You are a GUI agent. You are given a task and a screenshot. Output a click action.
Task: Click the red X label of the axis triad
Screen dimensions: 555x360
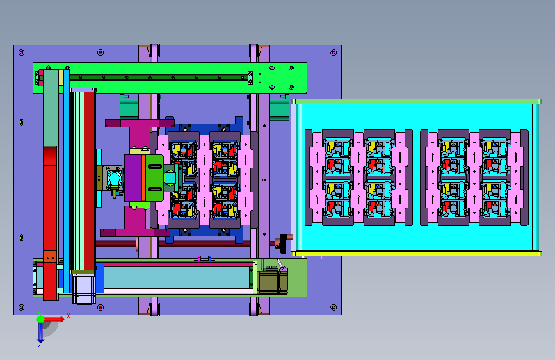[68, 316]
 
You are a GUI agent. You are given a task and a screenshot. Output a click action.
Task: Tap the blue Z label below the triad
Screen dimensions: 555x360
[40, 344]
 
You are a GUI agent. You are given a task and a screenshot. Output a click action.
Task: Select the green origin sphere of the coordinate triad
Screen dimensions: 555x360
[41, 319]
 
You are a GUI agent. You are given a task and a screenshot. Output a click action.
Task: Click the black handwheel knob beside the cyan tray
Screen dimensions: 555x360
[283, 243]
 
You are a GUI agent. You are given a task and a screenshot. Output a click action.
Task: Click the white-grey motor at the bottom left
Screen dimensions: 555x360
[84, 289]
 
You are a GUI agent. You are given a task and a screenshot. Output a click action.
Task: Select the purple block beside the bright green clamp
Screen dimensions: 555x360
[133, 178]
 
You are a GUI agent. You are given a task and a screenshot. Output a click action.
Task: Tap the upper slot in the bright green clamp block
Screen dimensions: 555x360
[155, 167]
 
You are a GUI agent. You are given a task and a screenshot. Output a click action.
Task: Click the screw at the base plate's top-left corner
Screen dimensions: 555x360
[22, 53]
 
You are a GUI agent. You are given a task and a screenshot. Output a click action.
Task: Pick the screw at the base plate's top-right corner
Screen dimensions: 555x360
[334, 53]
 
